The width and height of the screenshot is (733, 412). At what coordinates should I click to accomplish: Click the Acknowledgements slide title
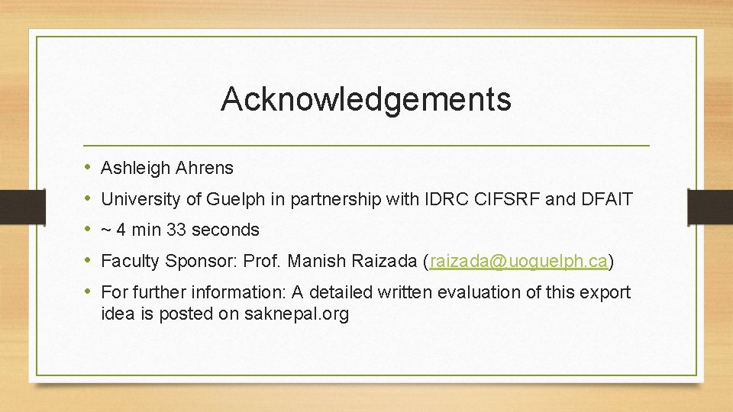[366, 99]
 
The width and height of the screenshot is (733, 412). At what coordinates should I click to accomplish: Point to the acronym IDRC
[444, 199]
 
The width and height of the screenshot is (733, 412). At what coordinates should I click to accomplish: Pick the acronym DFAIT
[606, 199]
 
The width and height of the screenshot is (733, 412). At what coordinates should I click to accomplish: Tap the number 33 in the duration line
[178, 230]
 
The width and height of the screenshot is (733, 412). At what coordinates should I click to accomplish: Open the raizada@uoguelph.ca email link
[518, 262]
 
